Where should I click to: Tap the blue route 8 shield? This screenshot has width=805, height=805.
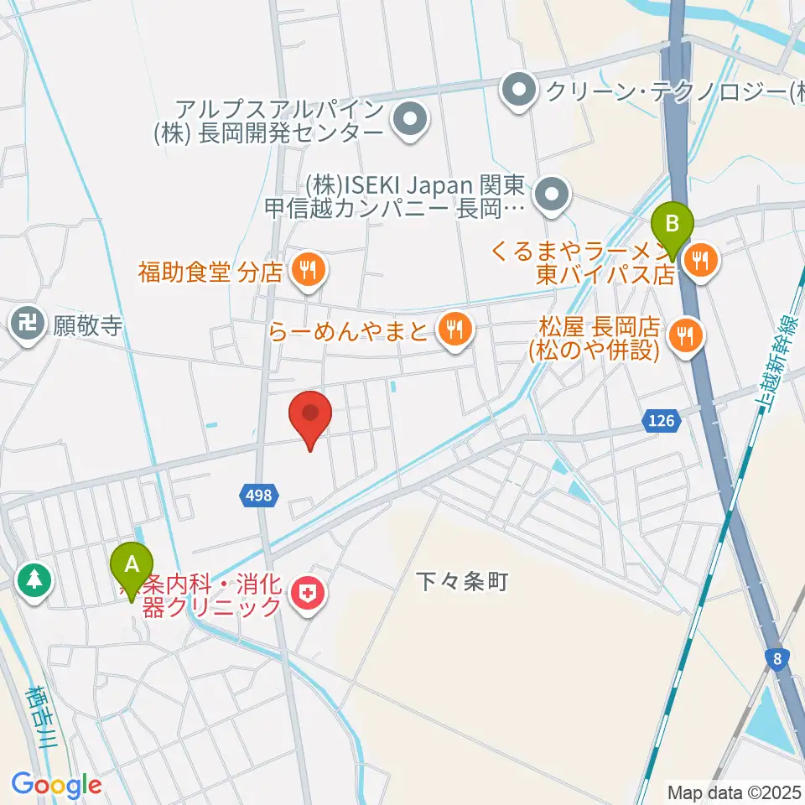779,659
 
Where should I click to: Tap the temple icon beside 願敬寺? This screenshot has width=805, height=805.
29,325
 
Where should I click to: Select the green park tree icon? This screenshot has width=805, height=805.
34,579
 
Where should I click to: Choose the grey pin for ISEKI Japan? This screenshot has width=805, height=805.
553,195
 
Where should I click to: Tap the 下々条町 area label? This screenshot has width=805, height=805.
463,581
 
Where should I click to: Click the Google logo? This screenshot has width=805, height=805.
56,786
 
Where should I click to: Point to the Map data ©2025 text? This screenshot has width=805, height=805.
733,791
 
